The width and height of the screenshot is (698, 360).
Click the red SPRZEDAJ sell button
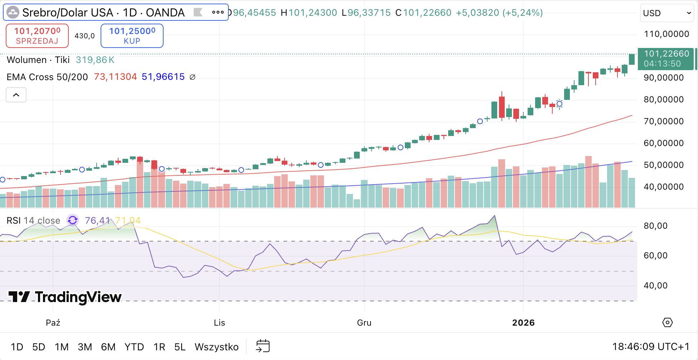pyautogui.click(x=37, y=36)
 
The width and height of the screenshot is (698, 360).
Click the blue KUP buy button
pyautogui.click(x=132, y=36)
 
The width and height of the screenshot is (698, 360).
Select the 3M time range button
pyautogui.click(x=85, y=347)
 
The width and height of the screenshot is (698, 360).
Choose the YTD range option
pyautogui.click(x=134, y=347)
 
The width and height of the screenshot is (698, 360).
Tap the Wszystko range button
pyautogui.click(x=217, y=347)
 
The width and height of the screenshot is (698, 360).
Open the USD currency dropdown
pyautogui.click(x=667, y=13)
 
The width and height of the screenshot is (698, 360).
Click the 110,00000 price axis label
pyautogui.click(x=667, y=34)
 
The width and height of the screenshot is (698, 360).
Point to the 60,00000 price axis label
pyautogui.click(x=664, y=143)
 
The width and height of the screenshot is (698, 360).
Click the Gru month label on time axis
pyautogui.click(x=364, y=323)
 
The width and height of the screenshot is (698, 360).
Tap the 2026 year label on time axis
pyautogui.click(x=523, y=323)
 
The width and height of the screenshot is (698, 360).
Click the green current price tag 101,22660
pyautogui.click(x=666, y=59)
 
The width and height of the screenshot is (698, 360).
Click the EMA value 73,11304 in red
pyautogui.click(x=115, y=77)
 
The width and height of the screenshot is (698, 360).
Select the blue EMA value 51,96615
pyautogui.click(x=163, y=77)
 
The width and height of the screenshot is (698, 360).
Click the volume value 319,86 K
pyautogui.click(x=95, y=60)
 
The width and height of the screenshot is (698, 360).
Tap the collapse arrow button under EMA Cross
pyautogui.click(x=16, y=95)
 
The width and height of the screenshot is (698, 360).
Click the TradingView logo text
pyautogui.click(x=78, y=297)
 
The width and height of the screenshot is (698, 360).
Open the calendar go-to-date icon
pyautogui.click(x=263, y=346)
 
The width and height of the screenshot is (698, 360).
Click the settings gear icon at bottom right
pyautogui.click(x=667, y=322)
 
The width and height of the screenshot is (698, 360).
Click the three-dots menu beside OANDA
pyautogui.click(x=218, y=13)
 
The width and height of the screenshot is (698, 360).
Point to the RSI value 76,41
pyautogui.click(x=97, y=220)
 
